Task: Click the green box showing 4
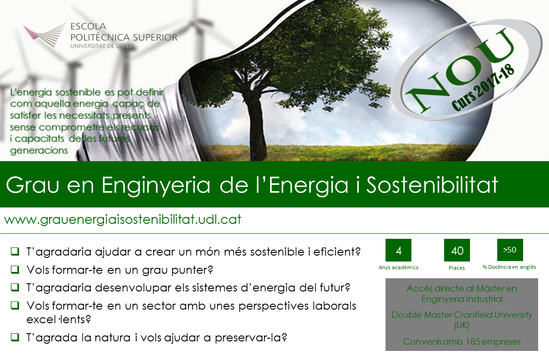tap(398, 250)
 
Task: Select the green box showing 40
tap(457, 250)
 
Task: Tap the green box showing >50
tap(510, 250)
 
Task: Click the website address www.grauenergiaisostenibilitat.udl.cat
tap(123, 219)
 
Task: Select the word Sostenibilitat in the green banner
tap(432, 185)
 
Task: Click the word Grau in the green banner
tap(32, 185)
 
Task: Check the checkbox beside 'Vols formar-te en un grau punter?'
tap(15, 269)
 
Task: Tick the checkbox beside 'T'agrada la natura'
tap(15, 337)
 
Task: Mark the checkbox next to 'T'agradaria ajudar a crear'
tap(15, 251)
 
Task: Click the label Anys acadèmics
tap(399, 267)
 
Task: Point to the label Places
tap(457, 268)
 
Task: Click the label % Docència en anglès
tap(509, 267)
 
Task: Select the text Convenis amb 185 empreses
tap(462, 342)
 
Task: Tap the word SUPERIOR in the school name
tap(155, 37)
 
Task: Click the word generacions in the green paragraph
tap(39, 150)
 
